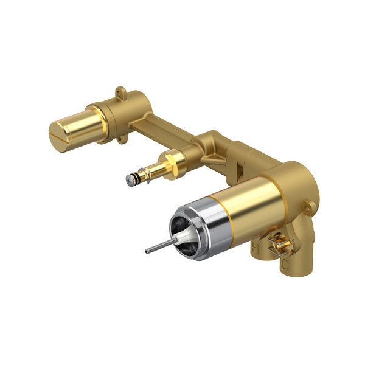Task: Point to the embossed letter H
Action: coord(254,248)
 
